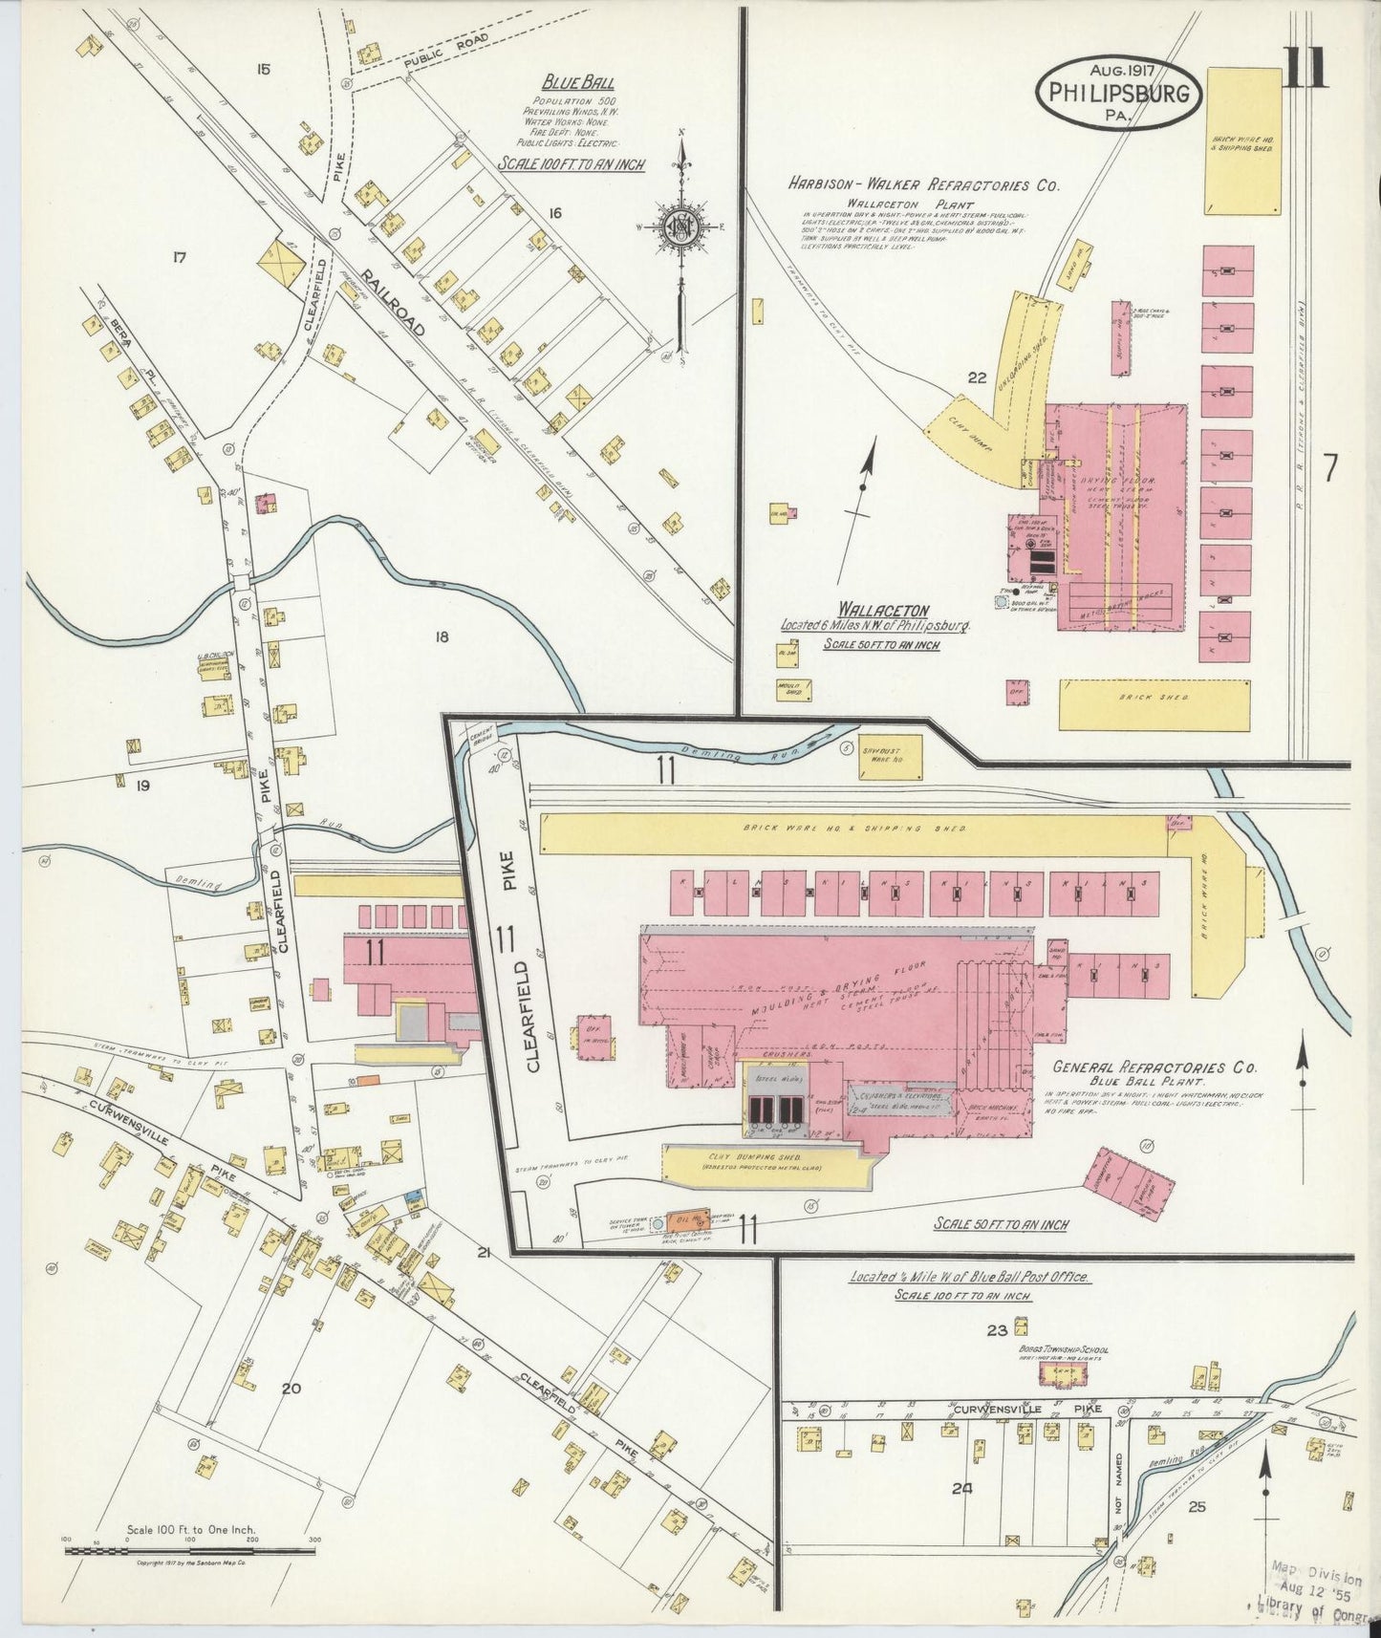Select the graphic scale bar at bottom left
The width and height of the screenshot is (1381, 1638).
tap(191, 1552)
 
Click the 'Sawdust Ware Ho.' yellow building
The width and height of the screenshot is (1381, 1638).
tap(890, 756)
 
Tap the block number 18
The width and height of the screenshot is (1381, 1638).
tap(441, 636)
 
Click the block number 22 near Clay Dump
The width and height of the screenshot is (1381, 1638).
tap(976, 377)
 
